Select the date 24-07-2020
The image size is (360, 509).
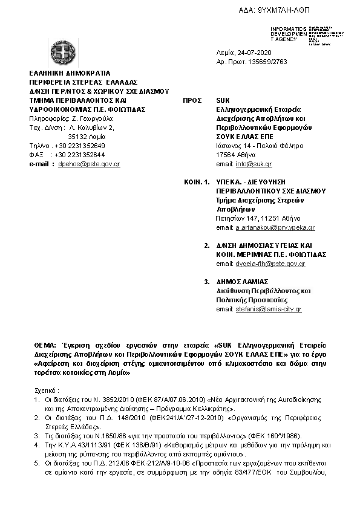point(255,53)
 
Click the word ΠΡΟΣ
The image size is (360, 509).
point(192,100)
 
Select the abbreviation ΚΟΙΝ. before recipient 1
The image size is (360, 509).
point(193,182)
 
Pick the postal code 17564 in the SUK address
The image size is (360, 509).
point(226,155)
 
